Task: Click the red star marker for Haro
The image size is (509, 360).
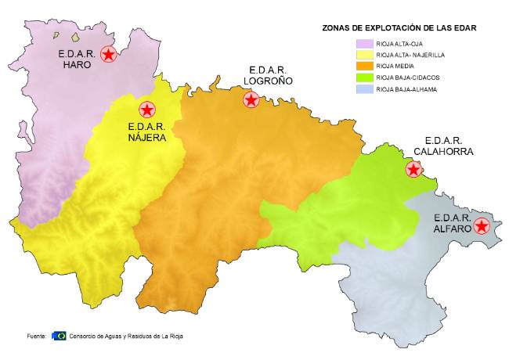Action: [109, 54]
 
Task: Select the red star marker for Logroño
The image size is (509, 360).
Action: [251, 99]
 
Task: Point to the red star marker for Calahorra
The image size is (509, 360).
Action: [413, 170]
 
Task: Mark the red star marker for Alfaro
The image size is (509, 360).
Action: [482, 226]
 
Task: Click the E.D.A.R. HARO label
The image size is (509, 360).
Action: [78, 59]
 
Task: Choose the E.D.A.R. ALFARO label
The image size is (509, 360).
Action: [452, 223]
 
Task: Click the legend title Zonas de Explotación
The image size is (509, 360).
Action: [399, 27]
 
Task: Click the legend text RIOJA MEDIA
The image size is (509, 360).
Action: [394, 67]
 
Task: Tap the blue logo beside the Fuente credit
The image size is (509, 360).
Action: [59, 335]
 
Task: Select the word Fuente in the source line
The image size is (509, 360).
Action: [36, 336]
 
